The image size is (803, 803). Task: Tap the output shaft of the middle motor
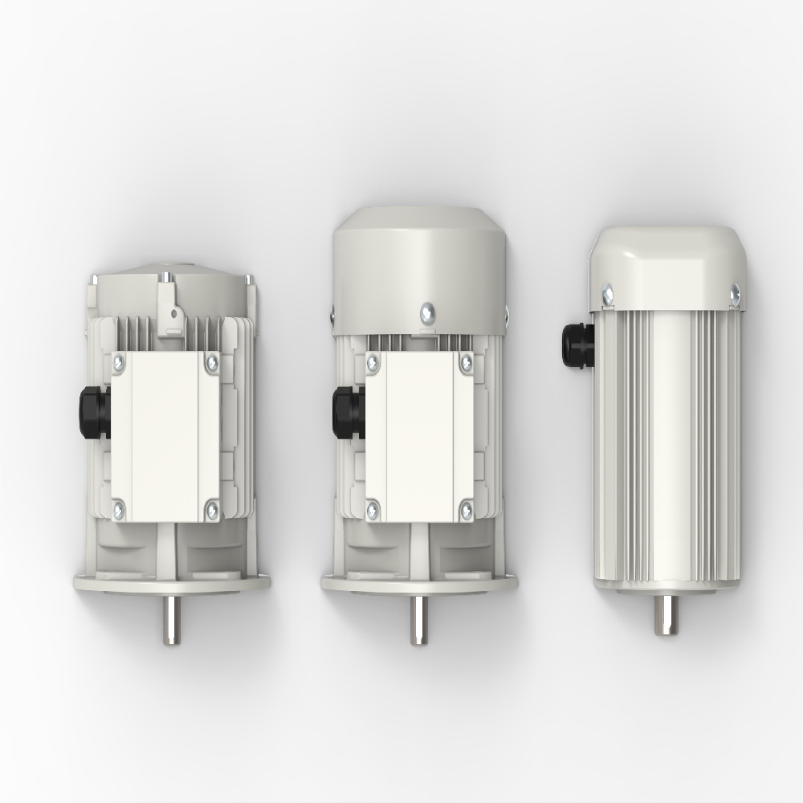pos(418,619)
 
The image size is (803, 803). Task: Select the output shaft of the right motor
pos(666,614)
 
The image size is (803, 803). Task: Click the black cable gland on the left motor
pos(95,412)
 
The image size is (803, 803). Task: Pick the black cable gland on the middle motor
pos(349,412)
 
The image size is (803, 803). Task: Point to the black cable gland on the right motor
pos(577,345)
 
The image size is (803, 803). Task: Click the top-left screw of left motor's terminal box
pos(119,364)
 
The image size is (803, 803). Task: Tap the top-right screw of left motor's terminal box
pos(212,364)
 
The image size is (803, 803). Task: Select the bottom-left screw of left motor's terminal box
pos(119,507)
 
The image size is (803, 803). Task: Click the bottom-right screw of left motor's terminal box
pos(212,508)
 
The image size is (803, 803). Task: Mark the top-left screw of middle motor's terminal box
pos(373,364)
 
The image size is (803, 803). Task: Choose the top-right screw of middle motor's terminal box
pos(466,364)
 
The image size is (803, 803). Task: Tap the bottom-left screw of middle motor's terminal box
pos(373,508)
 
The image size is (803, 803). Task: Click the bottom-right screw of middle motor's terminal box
pos(466,508)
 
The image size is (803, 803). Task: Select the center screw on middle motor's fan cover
pos(428,310)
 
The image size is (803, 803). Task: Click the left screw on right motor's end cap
pos(607,296)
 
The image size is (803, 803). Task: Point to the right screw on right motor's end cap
pos(734,296)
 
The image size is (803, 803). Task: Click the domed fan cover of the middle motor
pos(418,257)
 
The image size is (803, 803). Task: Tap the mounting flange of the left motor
pos(172,581)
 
